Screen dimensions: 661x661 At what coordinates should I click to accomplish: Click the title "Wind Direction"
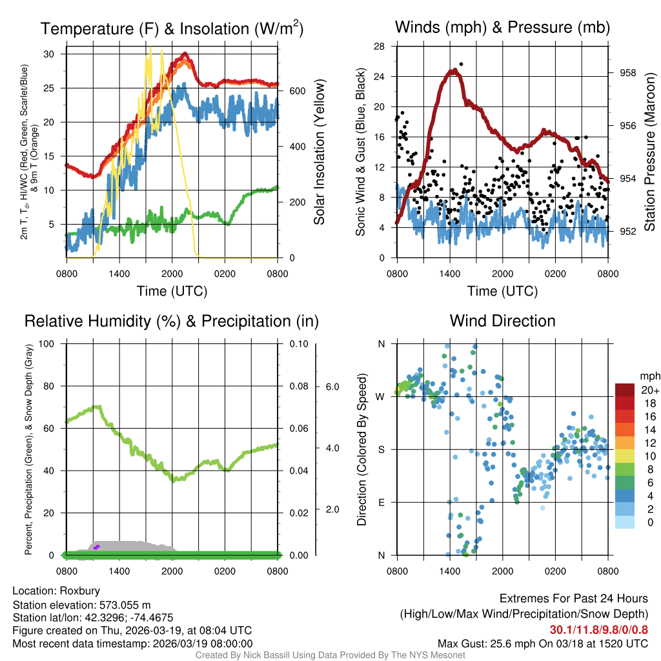tap(502, 321)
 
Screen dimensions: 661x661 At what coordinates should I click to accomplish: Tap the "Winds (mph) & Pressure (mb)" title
tap(502, 27)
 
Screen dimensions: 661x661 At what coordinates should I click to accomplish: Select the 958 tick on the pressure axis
tap(627, 74)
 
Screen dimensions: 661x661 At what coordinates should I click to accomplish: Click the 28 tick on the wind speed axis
tap(380, 46)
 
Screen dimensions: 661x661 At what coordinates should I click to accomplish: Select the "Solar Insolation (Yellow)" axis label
tap(319, 152)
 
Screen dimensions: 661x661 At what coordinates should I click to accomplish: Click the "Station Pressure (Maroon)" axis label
tap(649, 152)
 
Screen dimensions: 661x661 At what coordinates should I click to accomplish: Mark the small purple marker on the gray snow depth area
tap(96, 547)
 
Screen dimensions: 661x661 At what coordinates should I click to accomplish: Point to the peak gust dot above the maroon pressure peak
tap(461, 65)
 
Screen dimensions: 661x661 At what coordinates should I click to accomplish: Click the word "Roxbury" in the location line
tap(80, 591)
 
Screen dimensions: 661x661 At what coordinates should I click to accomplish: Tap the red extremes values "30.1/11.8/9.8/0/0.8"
tap(599, 629)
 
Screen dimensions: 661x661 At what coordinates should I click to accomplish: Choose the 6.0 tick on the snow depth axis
tap(332, 387)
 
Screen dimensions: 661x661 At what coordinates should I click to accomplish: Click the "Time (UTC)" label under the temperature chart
tap(172, 291)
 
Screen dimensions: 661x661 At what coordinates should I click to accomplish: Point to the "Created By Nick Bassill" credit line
tap(330, 655)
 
